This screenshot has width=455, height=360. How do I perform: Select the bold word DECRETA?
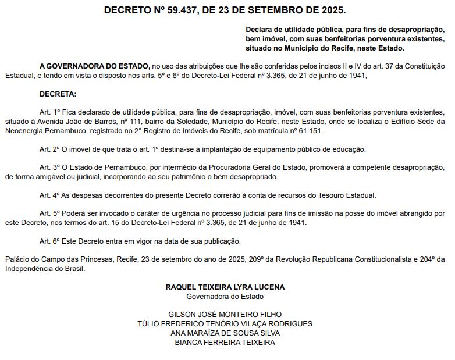pos(58,94)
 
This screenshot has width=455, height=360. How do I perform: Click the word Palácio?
pos(16,258)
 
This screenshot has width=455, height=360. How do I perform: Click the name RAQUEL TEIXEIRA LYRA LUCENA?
pos(225,287)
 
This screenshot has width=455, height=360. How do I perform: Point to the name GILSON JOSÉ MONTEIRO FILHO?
pos(225,315)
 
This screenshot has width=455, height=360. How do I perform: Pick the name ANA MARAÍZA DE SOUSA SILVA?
pos(225,333)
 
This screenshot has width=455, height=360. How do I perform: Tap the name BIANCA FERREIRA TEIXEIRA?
pos(225,343)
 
